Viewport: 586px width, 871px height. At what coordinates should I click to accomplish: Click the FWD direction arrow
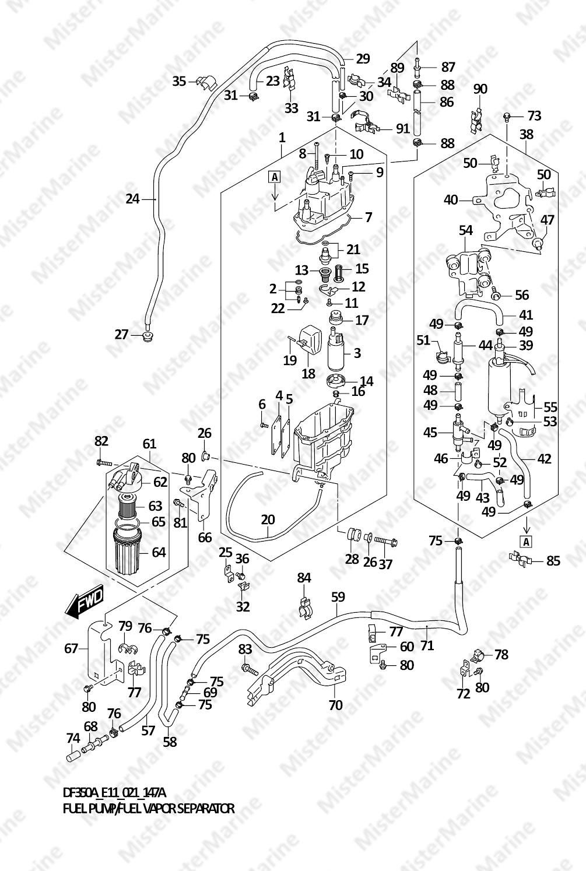[x=85, y=603]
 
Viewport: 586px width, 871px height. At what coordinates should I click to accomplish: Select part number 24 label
[x=133, y=199]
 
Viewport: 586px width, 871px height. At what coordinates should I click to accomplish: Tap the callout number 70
[x=335, y=705]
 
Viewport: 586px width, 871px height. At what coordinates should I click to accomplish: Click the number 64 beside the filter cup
[x=159, y=552]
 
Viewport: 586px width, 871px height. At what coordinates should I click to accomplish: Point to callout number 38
[x=526, y=135]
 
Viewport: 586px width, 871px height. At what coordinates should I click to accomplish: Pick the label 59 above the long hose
[x=338, y=597]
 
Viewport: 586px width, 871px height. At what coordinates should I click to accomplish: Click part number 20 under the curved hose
[x=268, y=520]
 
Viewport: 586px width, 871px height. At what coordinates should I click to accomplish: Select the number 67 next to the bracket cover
[x=71, y=648]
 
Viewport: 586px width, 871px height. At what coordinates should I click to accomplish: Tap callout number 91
[x=402, y=128]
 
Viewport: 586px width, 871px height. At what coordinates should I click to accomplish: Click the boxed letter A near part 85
[x=526, y=542]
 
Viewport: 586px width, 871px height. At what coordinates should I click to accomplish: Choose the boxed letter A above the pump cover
[x=275, y=177]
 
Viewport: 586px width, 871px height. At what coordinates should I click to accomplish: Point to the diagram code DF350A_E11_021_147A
[x=114, y=793]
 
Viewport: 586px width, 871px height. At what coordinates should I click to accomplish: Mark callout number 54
[x=465, y=231]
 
